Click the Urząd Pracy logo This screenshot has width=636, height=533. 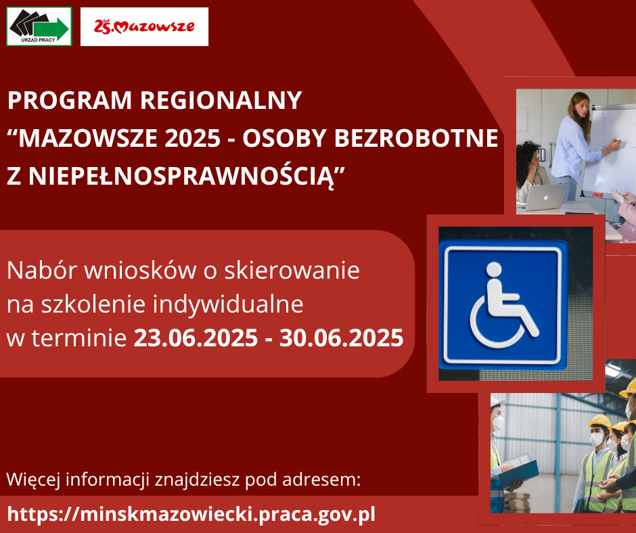pos(39,26)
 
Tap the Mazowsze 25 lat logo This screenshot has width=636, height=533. pos(144,26)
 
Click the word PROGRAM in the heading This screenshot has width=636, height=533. pos(70,100)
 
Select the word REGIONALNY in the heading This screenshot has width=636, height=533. pos(221,100)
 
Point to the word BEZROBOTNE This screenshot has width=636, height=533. pos(415,138)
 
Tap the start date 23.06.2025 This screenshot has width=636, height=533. pos(196,338)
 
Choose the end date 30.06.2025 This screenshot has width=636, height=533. pos(341,338)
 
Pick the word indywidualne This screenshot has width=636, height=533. pos(227,304)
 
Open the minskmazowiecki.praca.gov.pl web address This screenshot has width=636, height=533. pos(191,514)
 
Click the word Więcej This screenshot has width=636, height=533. pos(33,480)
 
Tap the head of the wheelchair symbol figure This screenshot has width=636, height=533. pos(494,270)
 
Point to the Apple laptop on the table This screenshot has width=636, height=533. pos(543,198)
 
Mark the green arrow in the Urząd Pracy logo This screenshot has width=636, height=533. pos(51,28)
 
